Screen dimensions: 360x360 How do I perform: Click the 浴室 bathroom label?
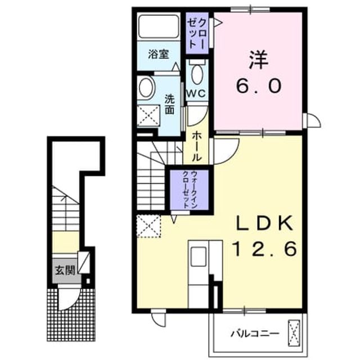coord(159,54)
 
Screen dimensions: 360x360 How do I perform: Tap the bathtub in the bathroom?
coord(159,26)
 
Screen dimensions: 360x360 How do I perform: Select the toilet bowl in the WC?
coord(197,74)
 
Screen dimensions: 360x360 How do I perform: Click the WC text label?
coord(196,93)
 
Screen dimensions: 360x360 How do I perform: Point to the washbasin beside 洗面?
coord(146,88)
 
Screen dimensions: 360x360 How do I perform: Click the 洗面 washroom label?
coord(170,105)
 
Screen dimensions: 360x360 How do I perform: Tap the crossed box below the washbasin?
coord(148,115)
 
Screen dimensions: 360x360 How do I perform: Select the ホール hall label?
coord(196,146)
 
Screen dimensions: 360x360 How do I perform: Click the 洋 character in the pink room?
coord(259,60)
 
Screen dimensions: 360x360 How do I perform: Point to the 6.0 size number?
coord(259,85)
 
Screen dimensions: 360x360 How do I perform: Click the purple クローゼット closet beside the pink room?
coord(197,33)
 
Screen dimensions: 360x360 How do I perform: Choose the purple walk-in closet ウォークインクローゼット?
coord(190,190)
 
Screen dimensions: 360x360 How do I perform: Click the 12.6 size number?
coord(265,249)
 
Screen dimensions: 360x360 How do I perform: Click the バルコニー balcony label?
coord(255,333)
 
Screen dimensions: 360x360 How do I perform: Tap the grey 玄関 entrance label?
coord(65,271)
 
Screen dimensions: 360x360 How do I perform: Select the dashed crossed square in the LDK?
coord(148,226)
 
